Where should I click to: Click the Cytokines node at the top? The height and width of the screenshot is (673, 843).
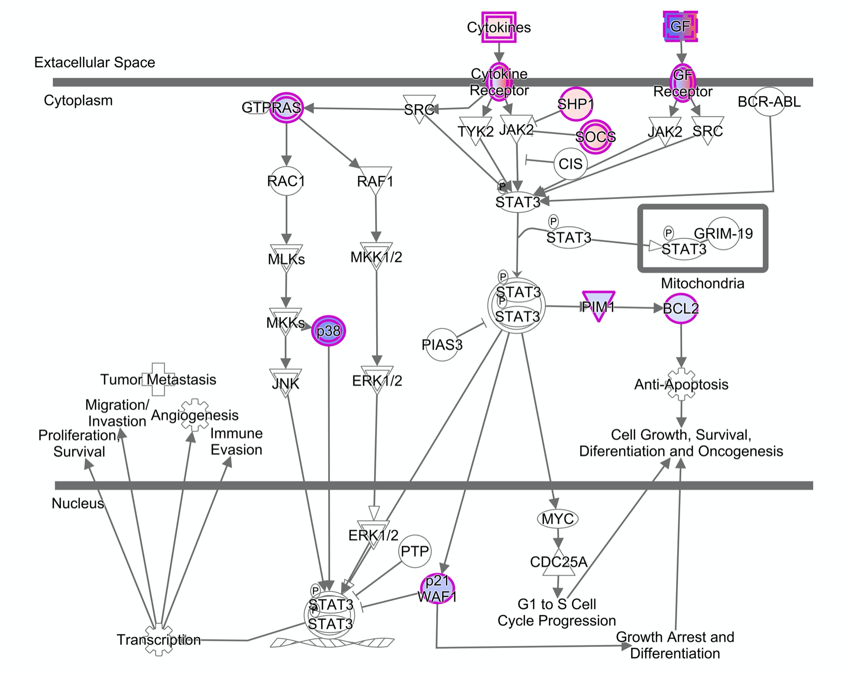pyautogui.click(x=499, y=27)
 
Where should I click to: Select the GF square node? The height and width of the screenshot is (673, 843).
pyautogui.click(x=680, y=26)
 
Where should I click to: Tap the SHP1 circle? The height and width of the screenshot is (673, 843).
pyautogui.click(x=575, y=104)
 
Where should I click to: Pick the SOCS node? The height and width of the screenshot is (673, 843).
pyautogui.click(x=595, y=137)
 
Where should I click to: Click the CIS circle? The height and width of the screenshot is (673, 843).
pyautogui.click(x=570, y=164)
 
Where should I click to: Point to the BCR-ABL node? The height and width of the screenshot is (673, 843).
pyautogui.click(x=769, y=102)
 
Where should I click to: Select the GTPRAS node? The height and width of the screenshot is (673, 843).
pyautogui.click(x=286, y=107)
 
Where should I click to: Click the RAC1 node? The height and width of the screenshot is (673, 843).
pyautogui.click(x=286, y=181)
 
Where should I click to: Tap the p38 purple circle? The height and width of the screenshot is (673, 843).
pyautogui.click(x=329, y=331)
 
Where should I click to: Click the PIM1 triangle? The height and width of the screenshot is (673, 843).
pyautogui.click(x=598, y=304)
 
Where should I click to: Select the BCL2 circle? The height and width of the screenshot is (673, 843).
pyautogui.click(x=681, y=308)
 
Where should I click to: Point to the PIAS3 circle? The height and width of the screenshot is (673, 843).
pyautogui.click(x=442, y=345)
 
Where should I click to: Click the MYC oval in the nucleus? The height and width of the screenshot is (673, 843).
pyautogui.click(x=558, y=519)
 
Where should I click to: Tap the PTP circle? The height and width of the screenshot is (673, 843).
pyautogui.click(x=414, y=552)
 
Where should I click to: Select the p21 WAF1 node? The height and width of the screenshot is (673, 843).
pyautogui.click(x=437, y=589)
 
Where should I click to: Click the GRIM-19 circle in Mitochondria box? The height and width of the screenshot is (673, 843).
pyautogui.click(x=723, y=233)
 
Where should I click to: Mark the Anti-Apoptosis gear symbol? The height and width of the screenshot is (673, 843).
pyautogui.click(x=681, y=385)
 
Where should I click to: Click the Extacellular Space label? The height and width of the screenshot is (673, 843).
pyautogui.click(x=95, y=63)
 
